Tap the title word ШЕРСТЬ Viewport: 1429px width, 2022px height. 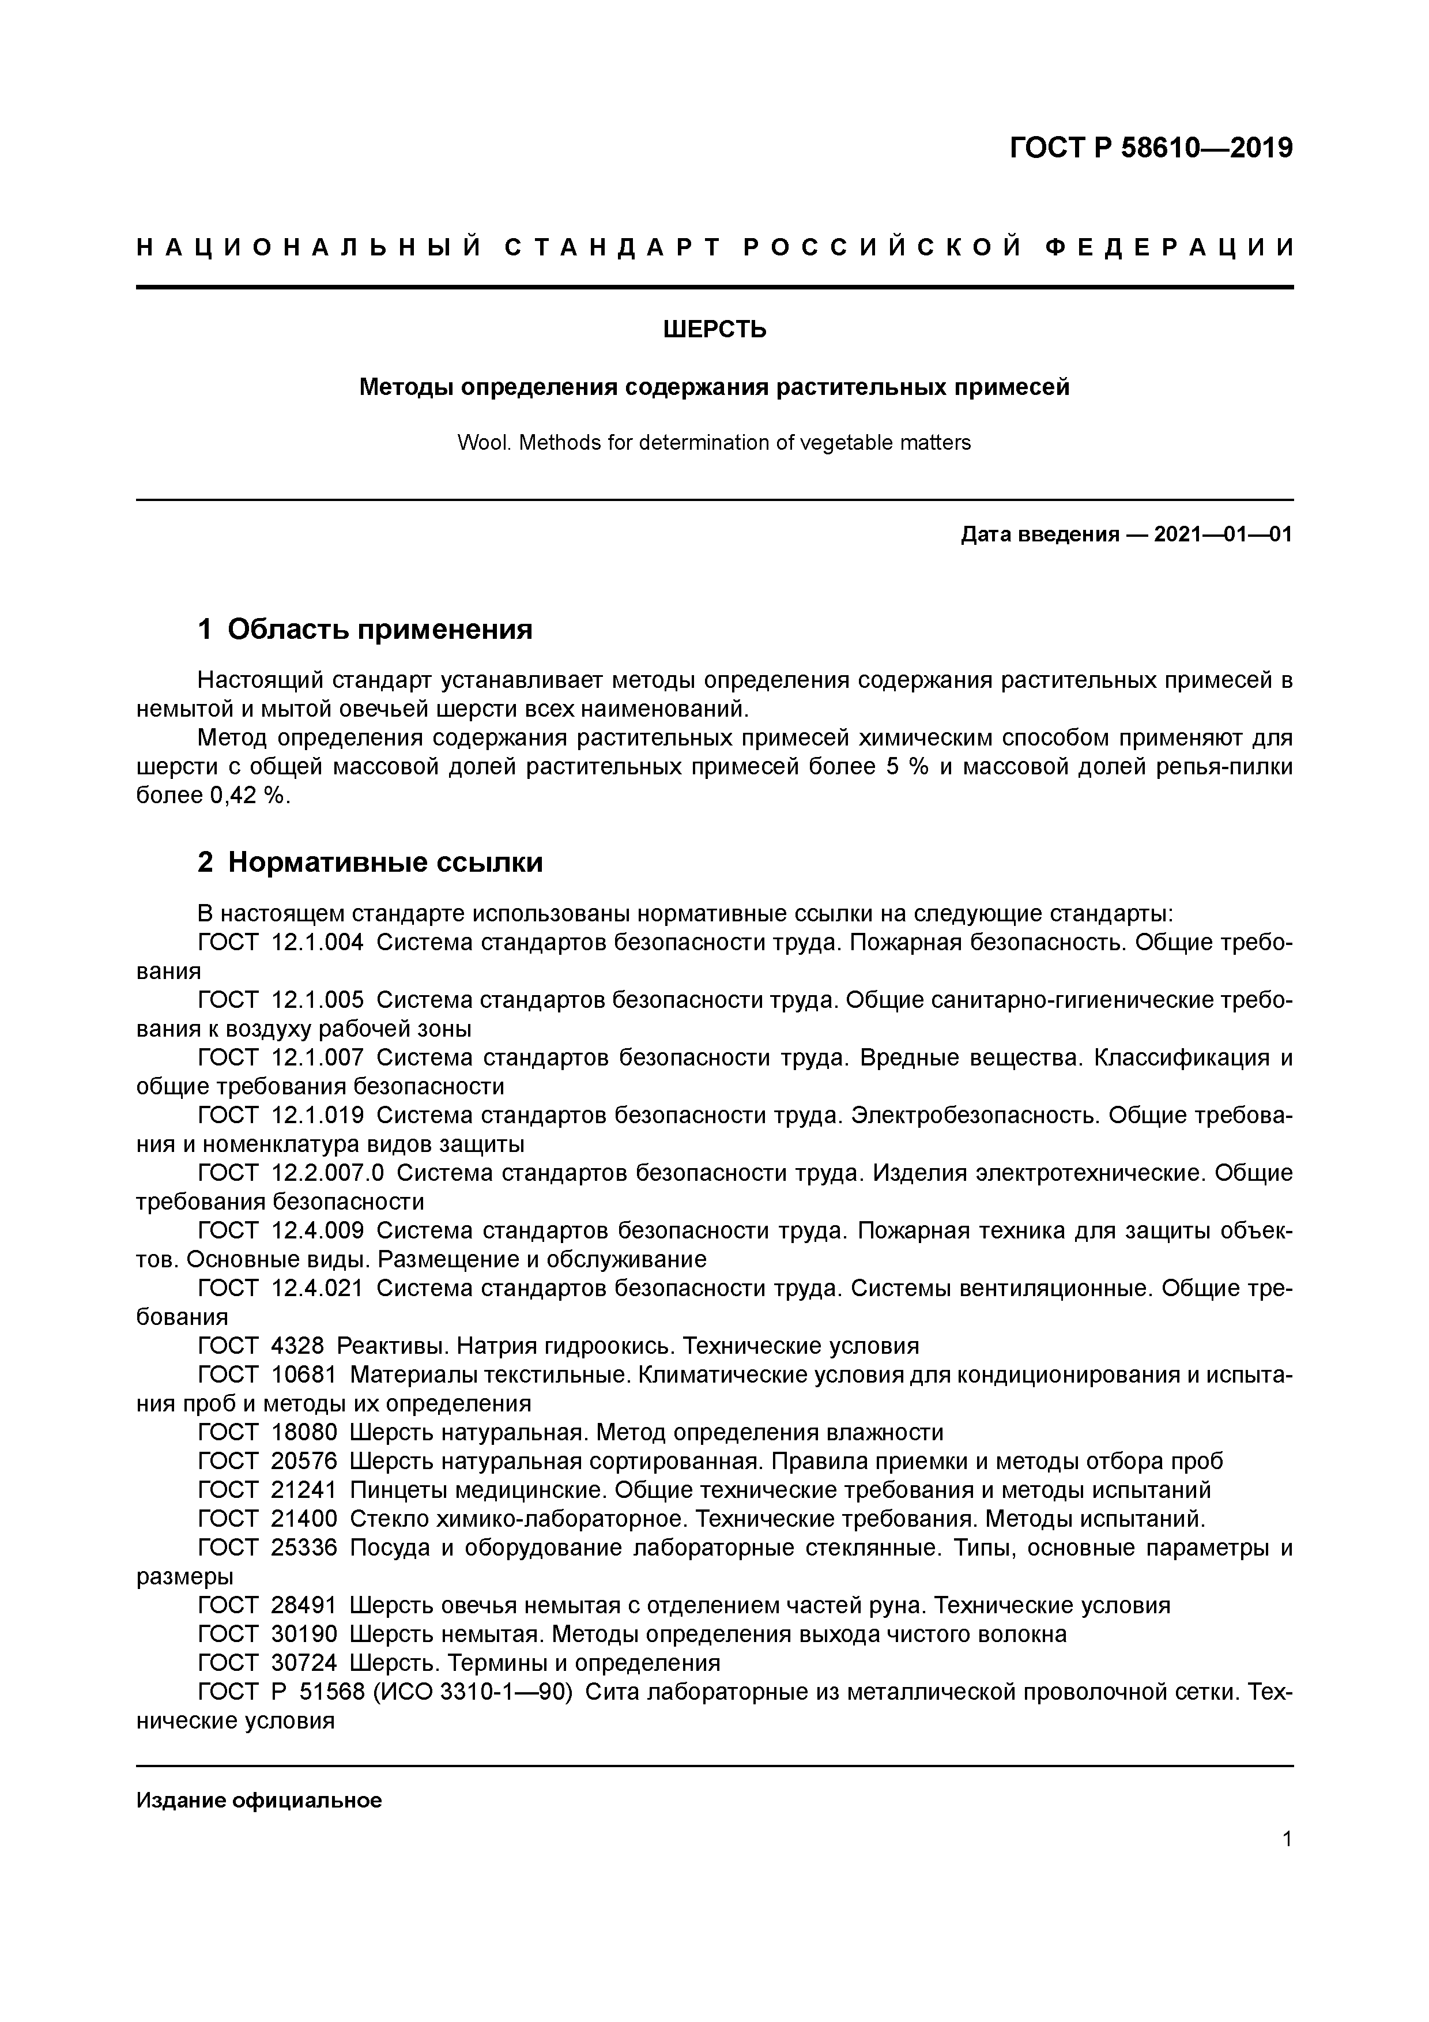tap(714, 329)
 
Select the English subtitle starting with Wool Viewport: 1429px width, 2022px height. tap(714, 443)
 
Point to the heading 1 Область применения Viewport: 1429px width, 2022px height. tap(365, 630)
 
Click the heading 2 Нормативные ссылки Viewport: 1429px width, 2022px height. tap(370, 862)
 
